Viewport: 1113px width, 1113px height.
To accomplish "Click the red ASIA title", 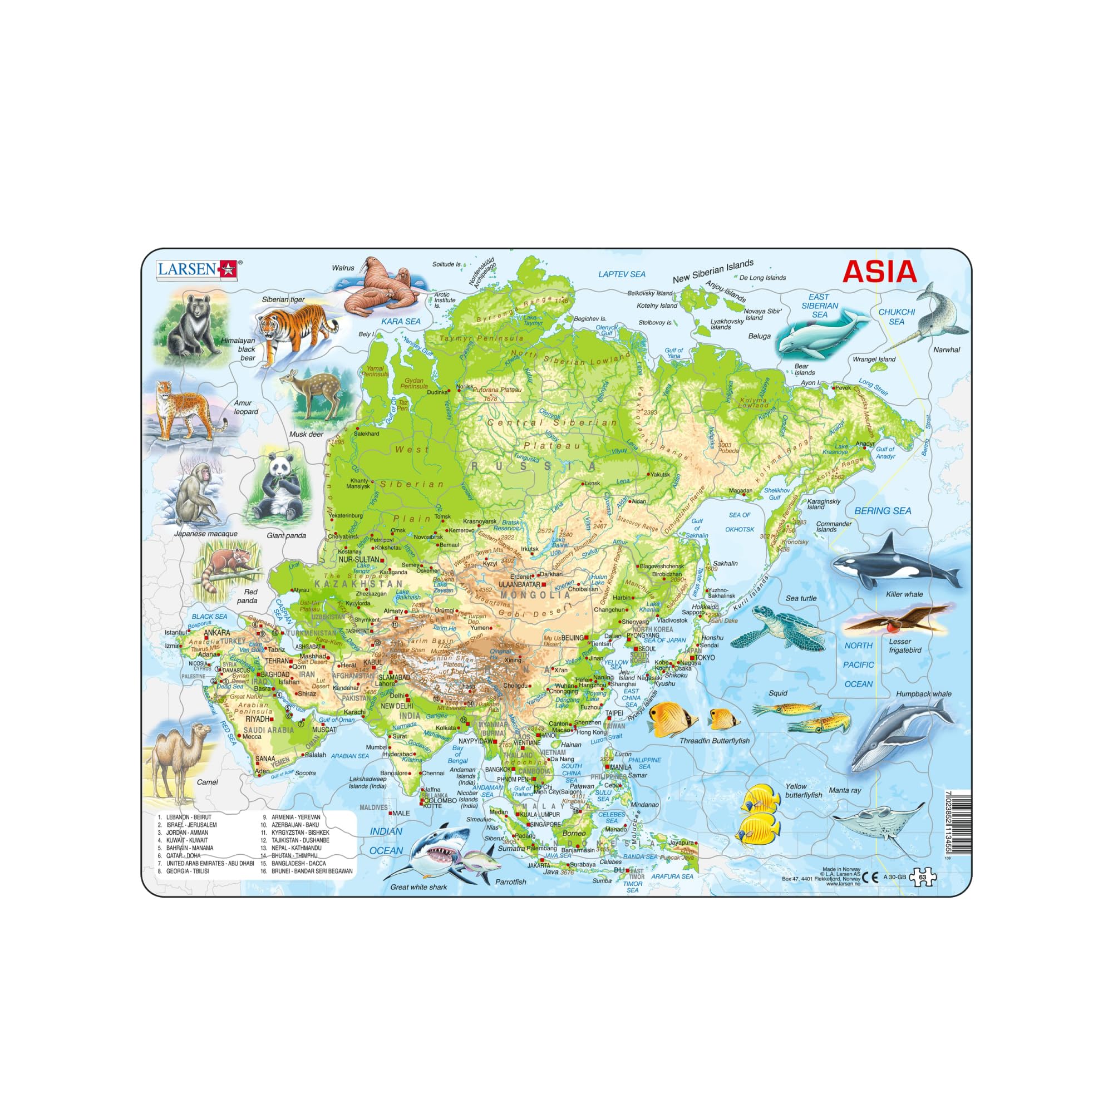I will (x=879, y=272).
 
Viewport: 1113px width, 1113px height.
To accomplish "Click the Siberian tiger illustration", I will (x=295, y=329).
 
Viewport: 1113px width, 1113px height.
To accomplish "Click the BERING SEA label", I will (x=883, y=511).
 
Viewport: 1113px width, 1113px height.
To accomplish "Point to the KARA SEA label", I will (x=401, y=322).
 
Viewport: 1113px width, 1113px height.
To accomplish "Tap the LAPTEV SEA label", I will (x=622, y=274).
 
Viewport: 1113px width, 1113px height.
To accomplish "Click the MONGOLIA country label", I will (x=535, y=595).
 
